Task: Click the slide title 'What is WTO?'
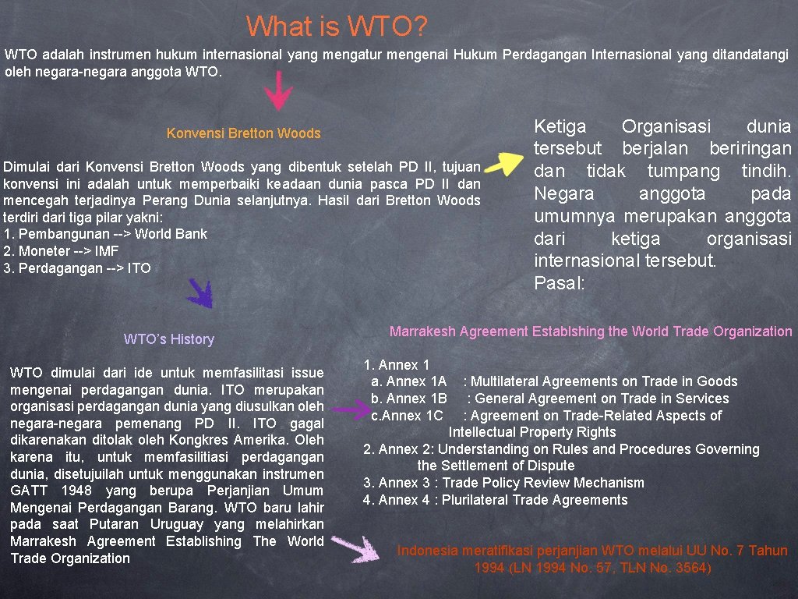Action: tap(337, 27)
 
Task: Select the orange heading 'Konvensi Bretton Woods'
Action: tap(243, 133)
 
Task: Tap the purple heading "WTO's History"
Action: tap(168, 339)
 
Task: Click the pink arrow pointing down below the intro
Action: tap(277, 91)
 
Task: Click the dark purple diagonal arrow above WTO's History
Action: tap(200, 293)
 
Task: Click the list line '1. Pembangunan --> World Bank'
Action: tap(105, 234)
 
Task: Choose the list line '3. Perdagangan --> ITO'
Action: tap(77, 268)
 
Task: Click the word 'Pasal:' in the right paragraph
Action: tap(559, 283)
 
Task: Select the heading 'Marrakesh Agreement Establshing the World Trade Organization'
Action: tap(590, 331)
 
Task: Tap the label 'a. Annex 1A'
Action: tap(408, 381)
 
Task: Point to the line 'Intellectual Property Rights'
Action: tap(531, 432)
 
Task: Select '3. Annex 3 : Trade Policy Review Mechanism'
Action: tap(503, 483)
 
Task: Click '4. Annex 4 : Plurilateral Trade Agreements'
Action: tap(495, 500)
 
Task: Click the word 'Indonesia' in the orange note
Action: tap(428, 551)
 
